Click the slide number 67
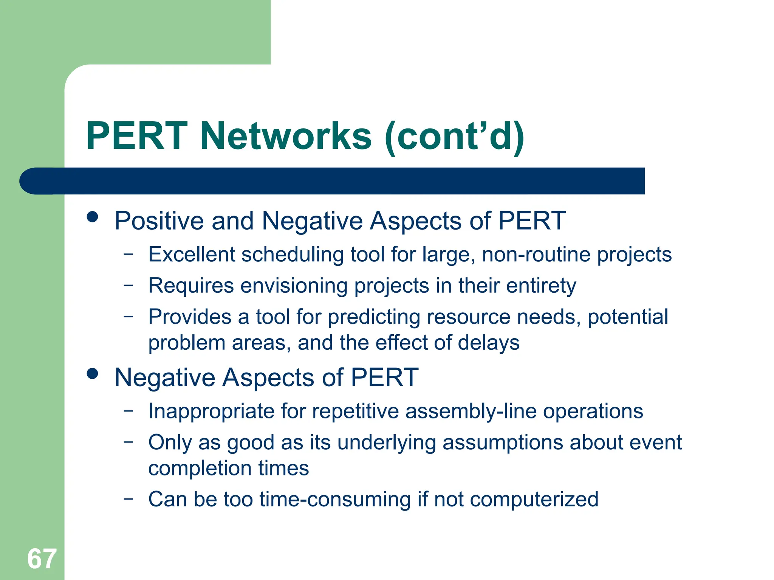click(42, 559)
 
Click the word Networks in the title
click(286, 136)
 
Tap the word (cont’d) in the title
click(455, 137)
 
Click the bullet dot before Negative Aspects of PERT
click(92, 374)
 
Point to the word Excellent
click(192, 254)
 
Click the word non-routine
click(536, 254)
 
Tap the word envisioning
click(294, 286)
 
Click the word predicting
click(374, 317)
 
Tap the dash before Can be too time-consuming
click(128, 498)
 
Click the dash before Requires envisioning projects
click(128, 285)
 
